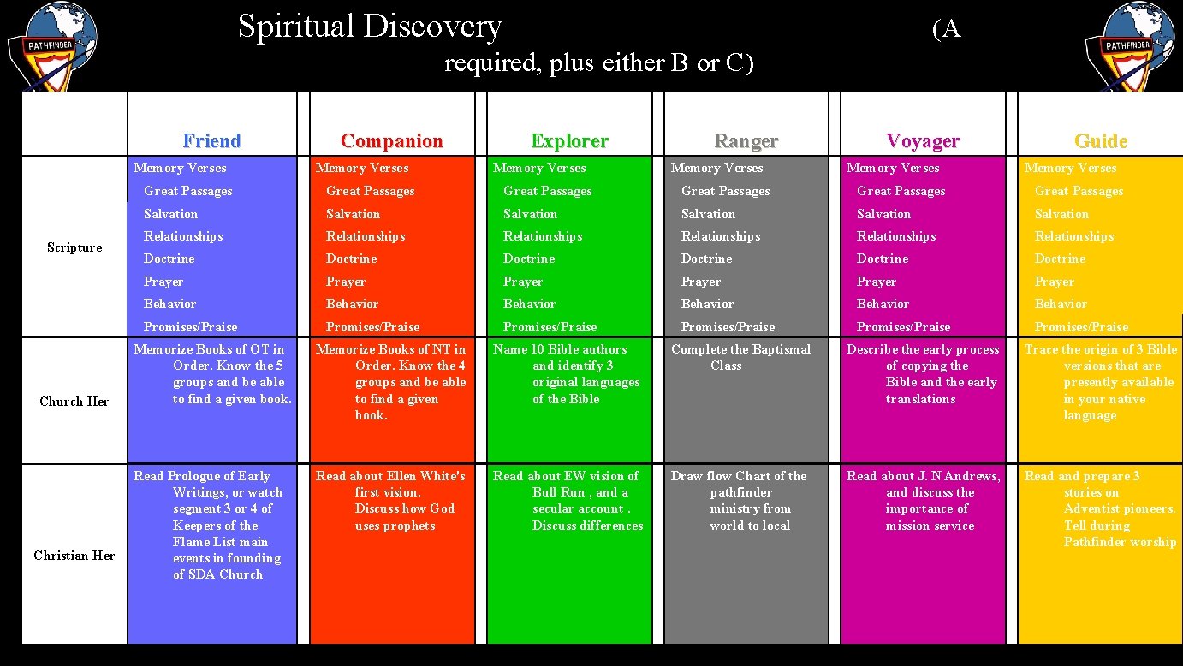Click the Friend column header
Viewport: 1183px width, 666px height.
coord(211,140)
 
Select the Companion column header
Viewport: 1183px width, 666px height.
coord(391,140)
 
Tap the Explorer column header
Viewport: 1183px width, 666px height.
coord(569,140)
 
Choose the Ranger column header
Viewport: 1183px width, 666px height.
coord(746,140)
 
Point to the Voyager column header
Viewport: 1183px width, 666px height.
coord(922,140)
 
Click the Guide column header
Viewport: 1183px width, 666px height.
coord(1101,140)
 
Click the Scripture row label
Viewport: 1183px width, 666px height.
coord(74,247)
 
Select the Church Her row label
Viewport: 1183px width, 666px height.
coord(74,401)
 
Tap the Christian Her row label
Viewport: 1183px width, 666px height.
coord(74,556)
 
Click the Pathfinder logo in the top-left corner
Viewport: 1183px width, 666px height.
coord(51,45)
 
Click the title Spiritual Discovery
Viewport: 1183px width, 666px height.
coord(369,27)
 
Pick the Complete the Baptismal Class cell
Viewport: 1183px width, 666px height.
coord(740,357)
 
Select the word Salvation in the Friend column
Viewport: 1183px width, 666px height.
coord(170,214)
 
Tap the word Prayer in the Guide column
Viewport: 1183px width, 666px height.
coord(1054,282)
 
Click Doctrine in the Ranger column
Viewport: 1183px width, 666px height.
coord(706,259)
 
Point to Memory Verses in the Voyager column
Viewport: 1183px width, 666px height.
coord(893,168)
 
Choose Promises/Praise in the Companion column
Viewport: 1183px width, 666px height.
coord(372,327)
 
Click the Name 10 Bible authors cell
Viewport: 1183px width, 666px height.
coord(566,373)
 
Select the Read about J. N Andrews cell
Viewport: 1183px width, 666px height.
coord(923,500)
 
